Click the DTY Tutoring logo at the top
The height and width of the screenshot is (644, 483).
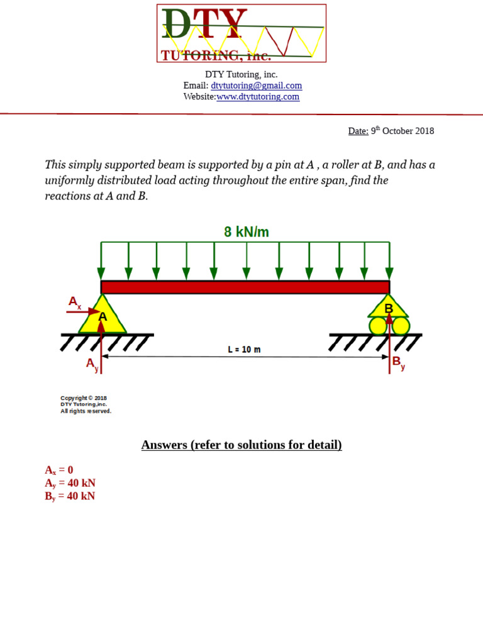[x=241, y=33]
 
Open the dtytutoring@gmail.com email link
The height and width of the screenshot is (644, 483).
[x=256, y=86]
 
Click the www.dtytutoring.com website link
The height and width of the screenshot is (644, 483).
[x=258, y=97]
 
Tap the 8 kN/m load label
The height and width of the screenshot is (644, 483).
[x=246, y=232]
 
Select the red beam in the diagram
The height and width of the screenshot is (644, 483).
[x=245, y=287]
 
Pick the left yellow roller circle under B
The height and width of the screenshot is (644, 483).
[x=378, y=326]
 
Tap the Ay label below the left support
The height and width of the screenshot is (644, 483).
[x=92, y=364]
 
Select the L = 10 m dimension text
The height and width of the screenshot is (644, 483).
[x=244, y=350]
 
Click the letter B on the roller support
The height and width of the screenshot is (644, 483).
[x=389, y=308]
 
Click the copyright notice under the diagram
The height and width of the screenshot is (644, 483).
[x=86, y=404]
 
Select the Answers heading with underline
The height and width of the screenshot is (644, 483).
[x=241, y=445]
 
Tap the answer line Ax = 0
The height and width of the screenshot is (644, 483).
[x=59, y=470]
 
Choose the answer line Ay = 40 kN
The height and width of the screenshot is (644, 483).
[x=70, y=483]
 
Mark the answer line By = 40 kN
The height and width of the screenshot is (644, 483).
[x=70, y=496]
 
